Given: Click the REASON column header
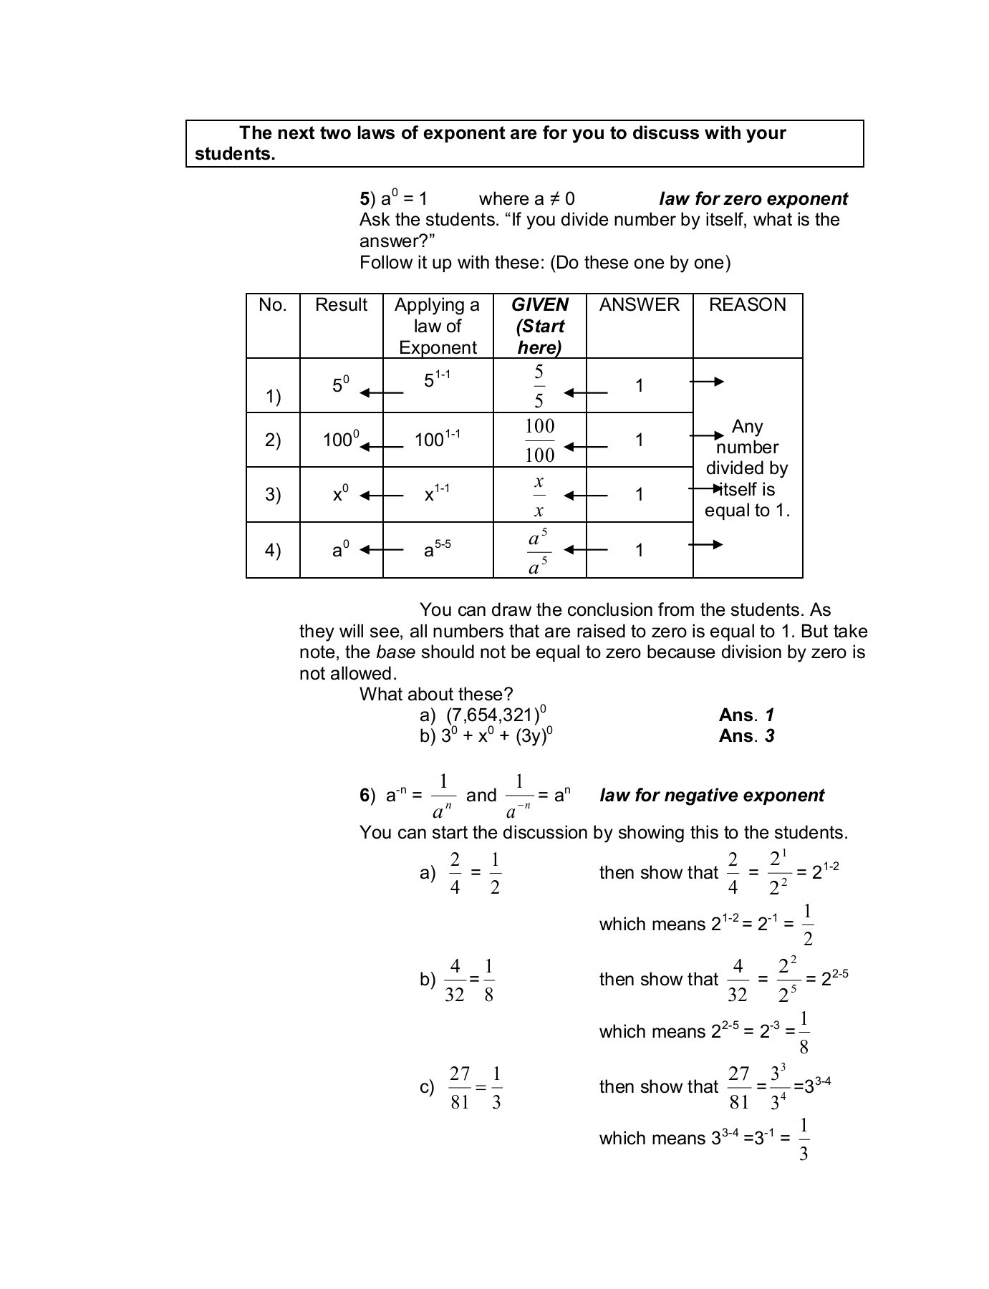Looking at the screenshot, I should tap(747, 305).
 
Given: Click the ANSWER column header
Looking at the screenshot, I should tap(639, 305).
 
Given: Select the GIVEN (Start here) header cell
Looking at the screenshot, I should tap(539, 326).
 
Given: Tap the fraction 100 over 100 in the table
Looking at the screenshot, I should tap(539, 440).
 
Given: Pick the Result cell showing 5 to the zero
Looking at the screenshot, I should tap(340, 385).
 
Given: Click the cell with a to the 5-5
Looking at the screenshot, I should tap(437, 549).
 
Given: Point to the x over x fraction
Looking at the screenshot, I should tap(539, 496).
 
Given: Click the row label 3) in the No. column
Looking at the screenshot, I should tap(273, 495).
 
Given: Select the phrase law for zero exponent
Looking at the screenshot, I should tap(753, 199).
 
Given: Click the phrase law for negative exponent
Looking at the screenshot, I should tap(711, 796).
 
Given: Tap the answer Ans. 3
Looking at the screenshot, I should tap(746, 736).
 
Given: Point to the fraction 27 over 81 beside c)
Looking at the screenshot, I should tap(460, 1087).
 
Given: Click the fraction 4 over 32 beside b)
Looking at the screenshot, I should tap(454, 980).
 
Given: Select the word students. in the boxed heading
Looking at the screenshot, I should tap(235, 154).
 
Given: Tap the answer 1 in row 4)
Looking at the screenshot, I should tap(639, 551).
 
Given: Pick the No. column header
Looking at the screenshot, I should tap(273, 305).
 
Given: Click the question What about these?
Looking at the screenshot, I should tap(436, 695).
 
